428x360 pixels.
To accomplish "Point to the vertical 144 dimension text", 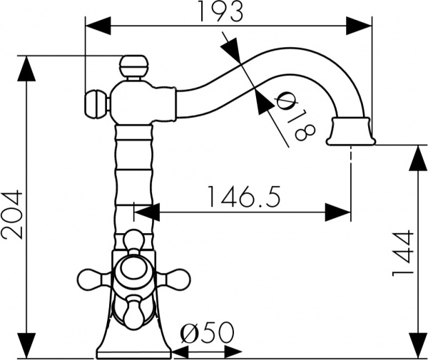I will (x=404, y=253).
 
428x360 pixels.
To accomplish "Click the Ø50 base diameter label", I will (x=208, y=333).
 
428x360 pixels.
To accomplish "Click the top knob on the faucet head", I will (x=133, y=68).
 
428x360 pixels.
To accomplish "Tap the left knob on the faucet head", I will (x=95, y=104).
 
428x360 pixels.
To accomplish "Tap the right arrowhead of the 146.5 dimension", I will (x=338, y=211).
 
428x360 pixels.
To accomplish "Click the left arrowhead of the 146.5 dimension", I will (x=146, y=211).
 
